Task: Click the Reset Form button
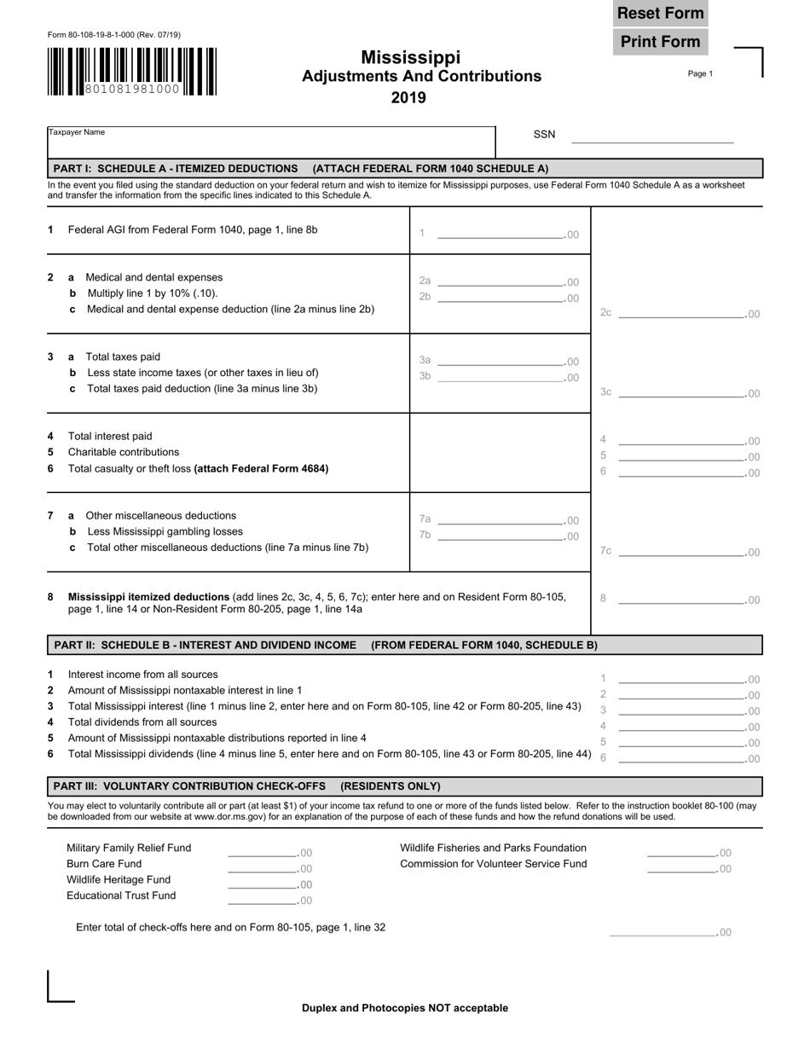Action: (660, 14)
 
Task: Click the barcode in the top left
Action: (132, 72)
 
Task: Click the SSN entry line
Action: (651, 136)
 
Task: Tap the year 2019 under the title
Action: (408, 98)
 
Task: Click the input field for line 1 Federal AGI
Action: (500, 233)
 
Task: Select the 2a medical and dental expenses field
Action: (500, 281)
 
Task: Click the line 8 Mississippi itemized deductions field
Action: (680, 599)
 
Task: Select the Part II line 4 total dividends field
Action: (680, 727)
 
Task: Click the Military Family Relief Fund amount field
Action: (262, 851)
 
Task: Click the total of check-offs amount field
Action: (662, 931)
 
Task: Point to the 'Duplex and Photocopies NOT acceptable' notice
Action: (405, 1008)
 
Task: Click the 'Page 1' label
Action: (700, 74)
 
